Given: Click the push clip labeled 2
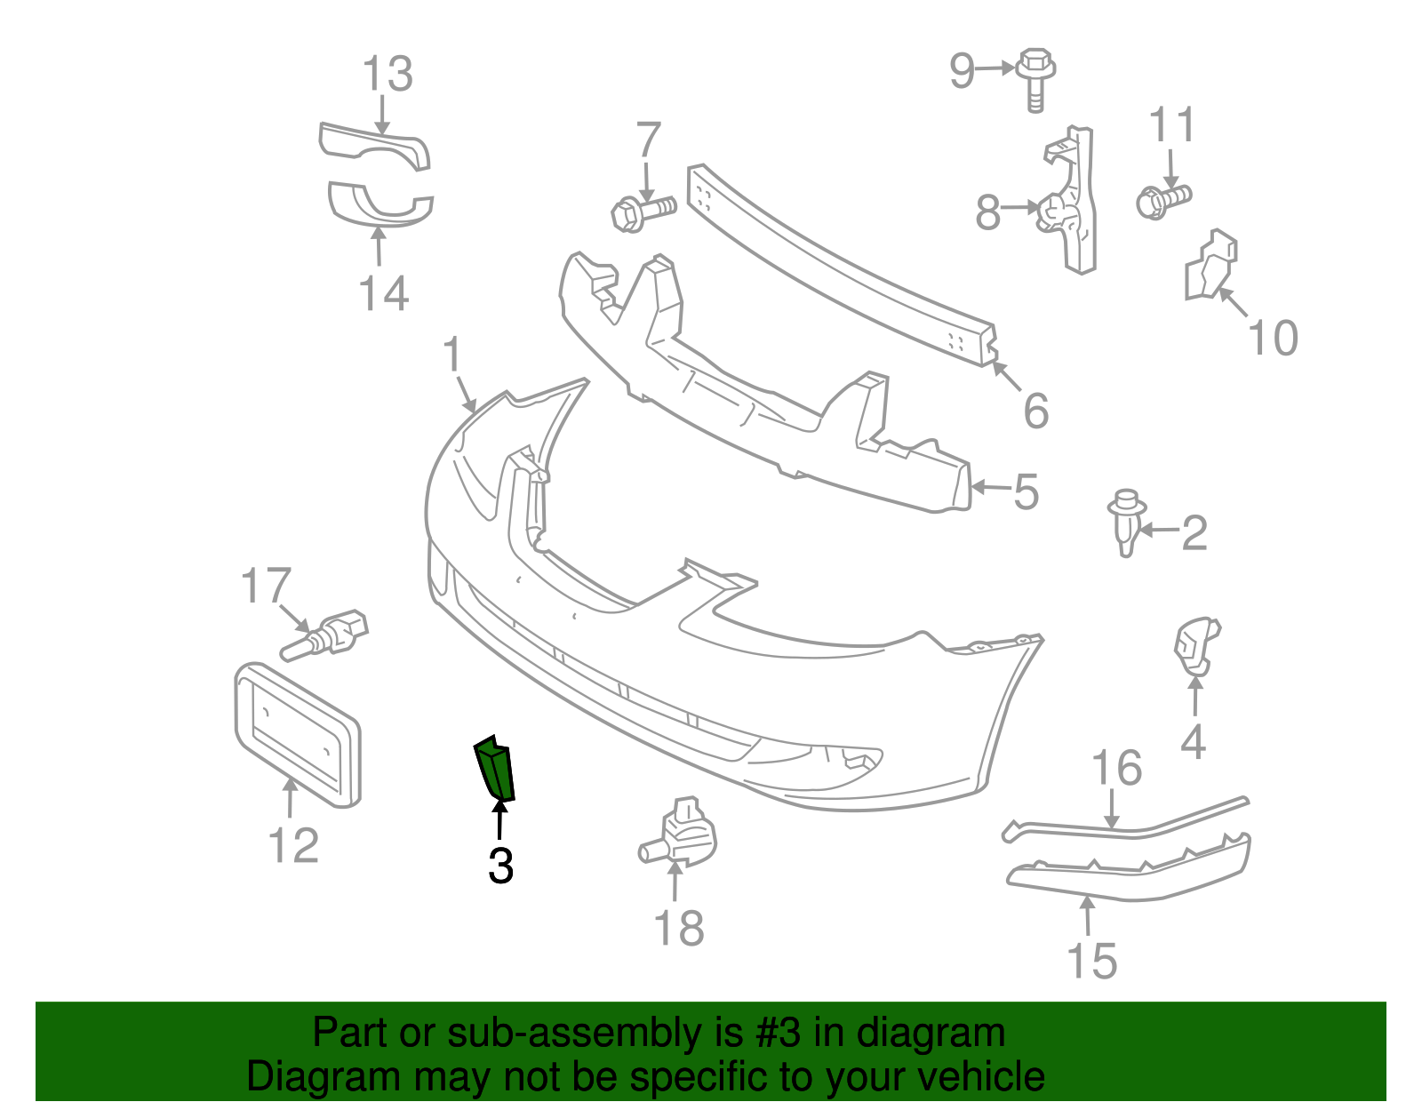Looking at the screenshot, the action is [x=1124, y=524].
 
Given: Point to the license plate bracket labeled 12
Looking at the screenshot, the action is [x=297, y=735].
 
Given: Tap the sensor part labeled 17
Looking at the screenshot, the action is [x=326, y=635].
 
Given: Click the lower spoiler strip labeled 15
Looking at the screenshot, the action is [x=1129, y=872].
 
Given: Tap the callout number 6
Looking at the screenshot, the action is [x=1035, y=410].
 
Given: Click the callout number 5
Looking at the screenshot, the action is [x=1026, y=491].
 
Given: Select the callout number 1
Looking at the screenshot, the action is [x=452, y=355].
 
